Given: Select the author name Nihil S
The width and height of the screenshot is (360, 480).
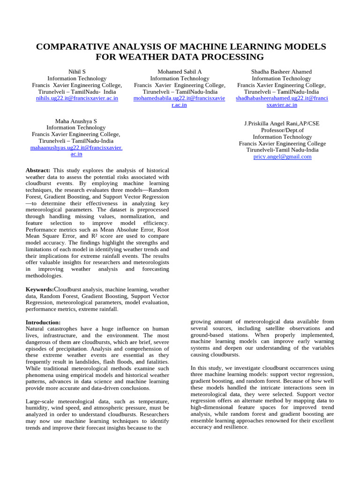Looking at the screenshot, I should [x=77, y=72].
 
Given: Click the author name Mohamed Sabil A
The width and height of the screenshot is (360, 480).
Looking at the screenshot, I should [x=180, y=72].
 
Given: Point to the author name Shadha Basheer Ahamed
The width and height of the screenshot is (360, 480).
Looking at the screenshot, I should [x=281, y=72].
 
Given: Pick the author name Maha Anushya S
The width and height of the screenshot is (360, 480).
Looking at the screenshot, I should [x=76, y=121].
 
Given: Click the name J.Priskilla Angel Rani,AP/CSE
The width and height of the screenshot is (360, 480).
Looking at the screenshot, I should [x=282, y=124].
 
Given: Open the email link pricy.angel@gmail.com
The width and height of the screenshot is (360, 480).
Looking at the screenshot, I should [x=282, y=157].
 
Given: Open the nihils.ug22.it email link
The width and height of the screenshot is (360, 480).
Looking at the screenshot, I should [x=77, y=98].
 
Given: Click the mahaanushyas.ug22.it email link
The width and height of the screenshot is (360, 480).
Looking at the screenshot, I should [x=76, y=148].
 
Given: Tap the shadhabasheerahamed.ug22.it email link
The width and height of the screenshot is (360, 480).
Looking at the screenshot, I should [x=282, y=98].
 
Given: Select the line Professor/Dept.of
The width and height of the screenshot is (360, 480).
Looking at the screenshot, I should [x=282, y=130].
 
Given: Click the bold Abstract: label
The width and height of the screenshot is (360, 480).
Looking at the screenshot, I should [x=38, y=171].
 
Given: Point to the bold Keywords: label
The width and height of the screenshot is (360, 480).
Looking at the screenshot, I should [x=40, y=290].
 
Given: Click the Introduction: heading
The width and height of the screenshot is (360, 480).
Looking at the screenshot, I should [x=43, y=322].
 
